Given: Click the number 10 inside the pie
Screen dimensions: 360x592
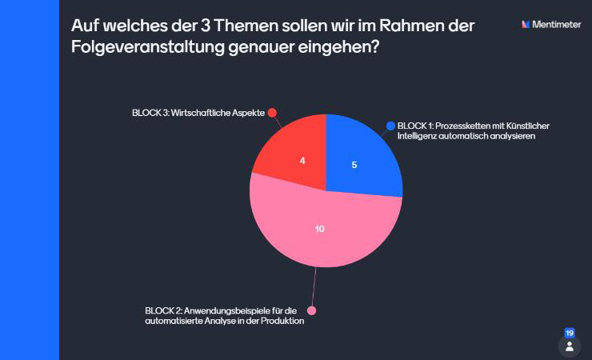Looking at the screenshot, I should [x=319, y=229].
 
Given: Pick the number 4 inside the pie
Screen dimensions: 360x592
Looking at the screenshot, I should [x=302, y=161].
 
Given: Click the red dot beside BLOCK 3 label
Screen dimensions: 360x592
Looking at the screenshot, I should [x=272, y=113].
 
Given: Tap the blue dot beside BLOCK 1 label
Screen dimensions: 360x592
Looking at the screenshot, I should [x=390, y=126].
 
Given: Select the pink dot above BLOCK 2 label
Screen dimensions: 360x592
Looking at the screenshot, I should [x=312, y=310].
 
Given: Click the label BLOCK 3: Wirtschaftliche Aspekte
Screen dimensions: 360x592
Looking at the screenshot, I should [x=198, y=113].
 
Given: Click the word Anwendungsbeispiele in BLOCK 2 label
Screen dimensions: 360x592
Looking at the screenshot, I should [x=227, y=310].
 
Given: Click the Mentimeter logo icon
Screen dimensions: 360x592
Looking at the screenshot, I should [x=526, y=25].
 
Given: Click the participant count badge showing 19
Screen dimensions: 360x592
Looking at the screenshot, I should [x=570, y=333].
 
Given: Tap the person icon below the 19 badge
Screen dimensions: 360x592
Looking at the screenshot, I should [x=570, y=346].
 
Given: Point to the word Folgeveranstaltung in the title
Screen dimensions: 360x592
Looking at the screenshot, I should [x=144, y=47].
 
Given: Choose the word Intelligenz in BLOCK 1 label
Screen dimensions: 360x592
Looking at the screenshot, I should [x=418, y=137].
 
